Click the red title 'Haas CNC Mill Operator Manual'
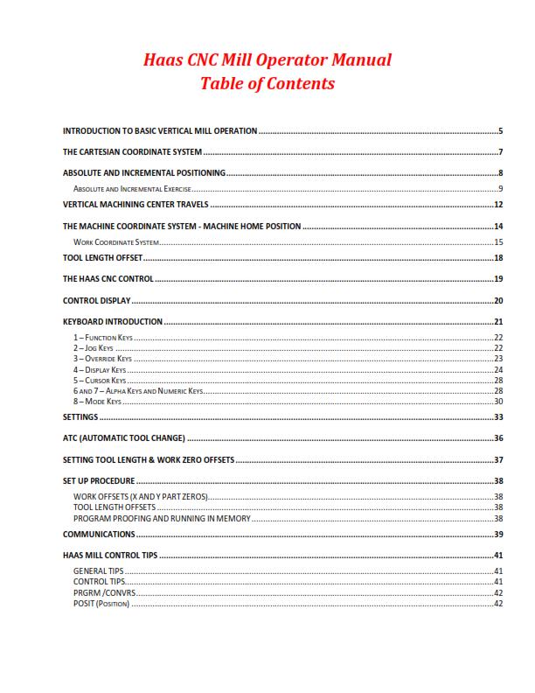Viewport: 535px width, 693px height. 267,60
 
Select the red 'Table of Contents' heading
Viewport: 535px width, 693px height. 267,84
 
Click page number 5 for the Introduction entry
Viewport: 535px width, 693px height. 500,131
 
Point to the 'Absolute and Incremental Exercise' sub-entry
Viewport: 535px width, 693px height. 133,188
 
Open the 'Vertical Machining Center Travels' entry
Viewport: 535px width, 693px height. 135,205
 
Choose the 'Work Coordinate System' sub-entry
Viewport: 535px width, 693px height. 116,241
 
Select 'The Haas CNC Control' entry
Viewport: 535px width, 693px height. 108,279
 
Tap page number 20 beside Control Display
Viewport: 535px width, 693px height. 497,301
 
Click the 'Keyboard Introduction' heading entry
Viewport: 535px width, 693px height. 113,322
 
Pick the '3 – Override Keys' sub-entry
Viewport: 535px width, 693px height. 103,359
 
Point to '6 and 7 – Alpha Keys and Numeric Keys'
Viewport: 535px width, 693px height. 137,390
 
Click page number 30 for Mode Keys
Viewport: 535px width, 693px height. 497,401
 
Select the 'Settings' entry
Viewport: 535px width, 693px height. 80,417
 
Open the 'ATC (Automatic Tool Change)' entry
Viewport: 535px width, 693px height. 123,438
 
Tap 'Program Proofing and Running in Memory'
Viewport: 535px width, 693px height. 162,518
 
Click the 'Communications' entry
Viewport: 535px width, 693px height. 99,534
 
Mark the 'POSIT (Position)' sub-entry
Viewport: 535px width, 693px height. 101,603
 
